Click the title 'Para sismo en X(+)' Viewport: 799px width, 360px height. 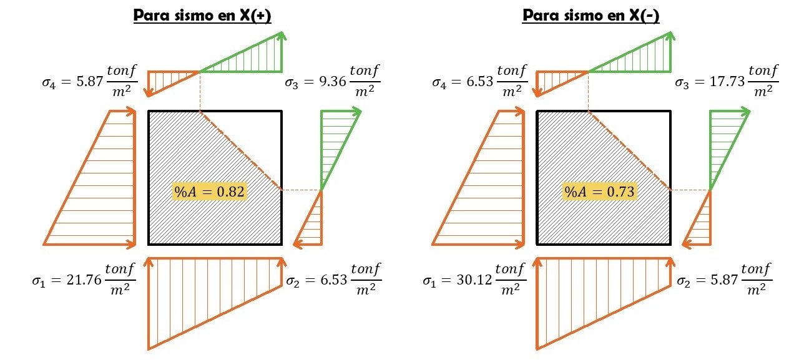tap(202, 16)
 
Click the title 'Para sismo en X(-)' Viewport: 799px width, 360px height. tap(591, 16)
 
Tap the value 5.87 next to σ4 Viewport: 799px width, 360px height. tap(89, 82)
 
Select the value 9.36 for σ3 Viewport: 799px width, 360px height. tap(333, 82)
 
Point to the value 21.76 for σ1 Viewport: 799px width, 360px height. tap(84, 280)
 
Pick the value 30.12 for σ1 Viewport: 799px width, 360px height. tap(474, 280)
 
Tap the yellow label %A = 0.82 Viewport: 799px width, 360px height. tap(209, 192)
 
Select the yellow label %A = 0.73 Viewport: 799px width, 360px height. tap(600, 192)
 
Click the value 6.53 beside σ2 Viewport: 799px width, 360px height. tap(333, 280)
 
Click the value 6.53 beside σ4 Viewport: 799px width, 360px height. tap(480, 82)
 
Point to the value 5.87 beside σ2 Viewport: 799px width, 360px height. tap(724, 280)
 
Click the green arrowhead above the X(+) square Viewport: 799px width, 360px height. tap(282, 36)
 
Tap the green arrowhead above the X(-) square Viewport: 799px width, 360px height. tap(670, 36)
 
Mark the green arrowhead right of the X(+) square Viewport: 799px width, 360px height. tap(357, 112)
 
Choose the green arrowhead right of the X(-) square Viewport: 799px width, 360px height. tap(746, 112)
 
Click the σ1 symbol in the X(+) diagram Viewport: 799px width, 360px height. tap(39, 281)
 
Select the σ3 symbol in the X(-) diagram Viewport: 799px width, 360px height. tap(682, 83)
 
